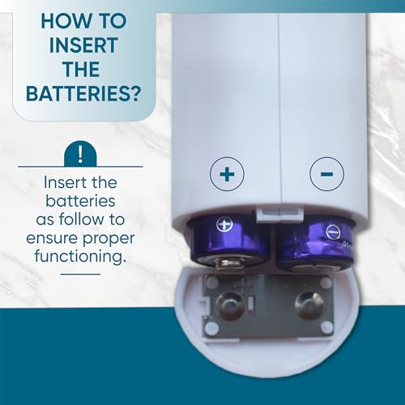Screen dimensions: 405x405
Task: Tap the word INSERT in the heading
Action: point(83,45)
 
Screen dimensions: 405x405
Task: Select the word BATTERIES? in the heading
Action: point(83,94)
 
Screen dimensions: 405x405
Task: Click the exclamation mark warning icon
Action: point(80,154)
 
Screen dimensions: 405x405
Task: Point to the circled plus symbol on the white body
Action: point(227,174)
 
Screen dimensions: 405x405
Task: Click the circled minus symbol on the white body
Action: point(326,174)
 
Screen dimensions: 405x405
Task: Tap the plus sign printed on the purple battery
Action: point(224,225)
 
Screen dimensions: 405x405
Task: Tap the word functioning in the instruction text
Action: point(80,256)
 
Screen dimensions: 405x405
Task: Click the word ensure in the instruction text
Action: point(52,238)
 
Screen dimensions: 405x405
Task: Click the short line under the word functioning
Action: point(80,275)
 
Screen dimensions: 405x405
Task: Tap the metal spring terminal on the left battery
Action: point(230,263)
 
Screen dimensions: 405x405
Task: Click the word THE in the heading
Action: point(81,70)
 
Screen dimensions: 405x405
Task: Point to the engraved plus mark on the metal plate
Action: point(242,285)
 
